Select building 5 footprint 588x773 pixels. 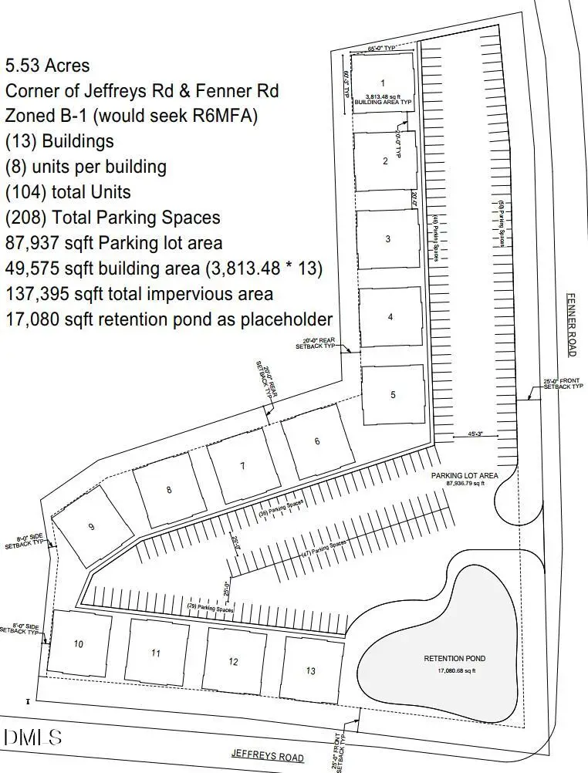click(394, 395)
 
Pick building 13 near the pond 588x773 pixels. click(311, 670)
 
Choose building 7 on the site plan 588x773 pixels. click(242, 466)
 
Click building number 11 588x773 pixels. click(156, 653)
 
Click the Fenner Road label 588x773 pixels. click(571, 324)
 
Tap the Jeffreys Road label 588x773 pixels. click(268, 757)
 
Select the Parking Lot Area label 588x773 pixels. click(464, 475)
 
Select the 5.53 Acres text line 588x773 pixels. click(48, 66)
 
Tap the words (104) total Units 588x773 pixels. click(68, 192)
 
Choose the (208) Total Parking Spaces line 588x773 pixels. click(113, 218)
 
